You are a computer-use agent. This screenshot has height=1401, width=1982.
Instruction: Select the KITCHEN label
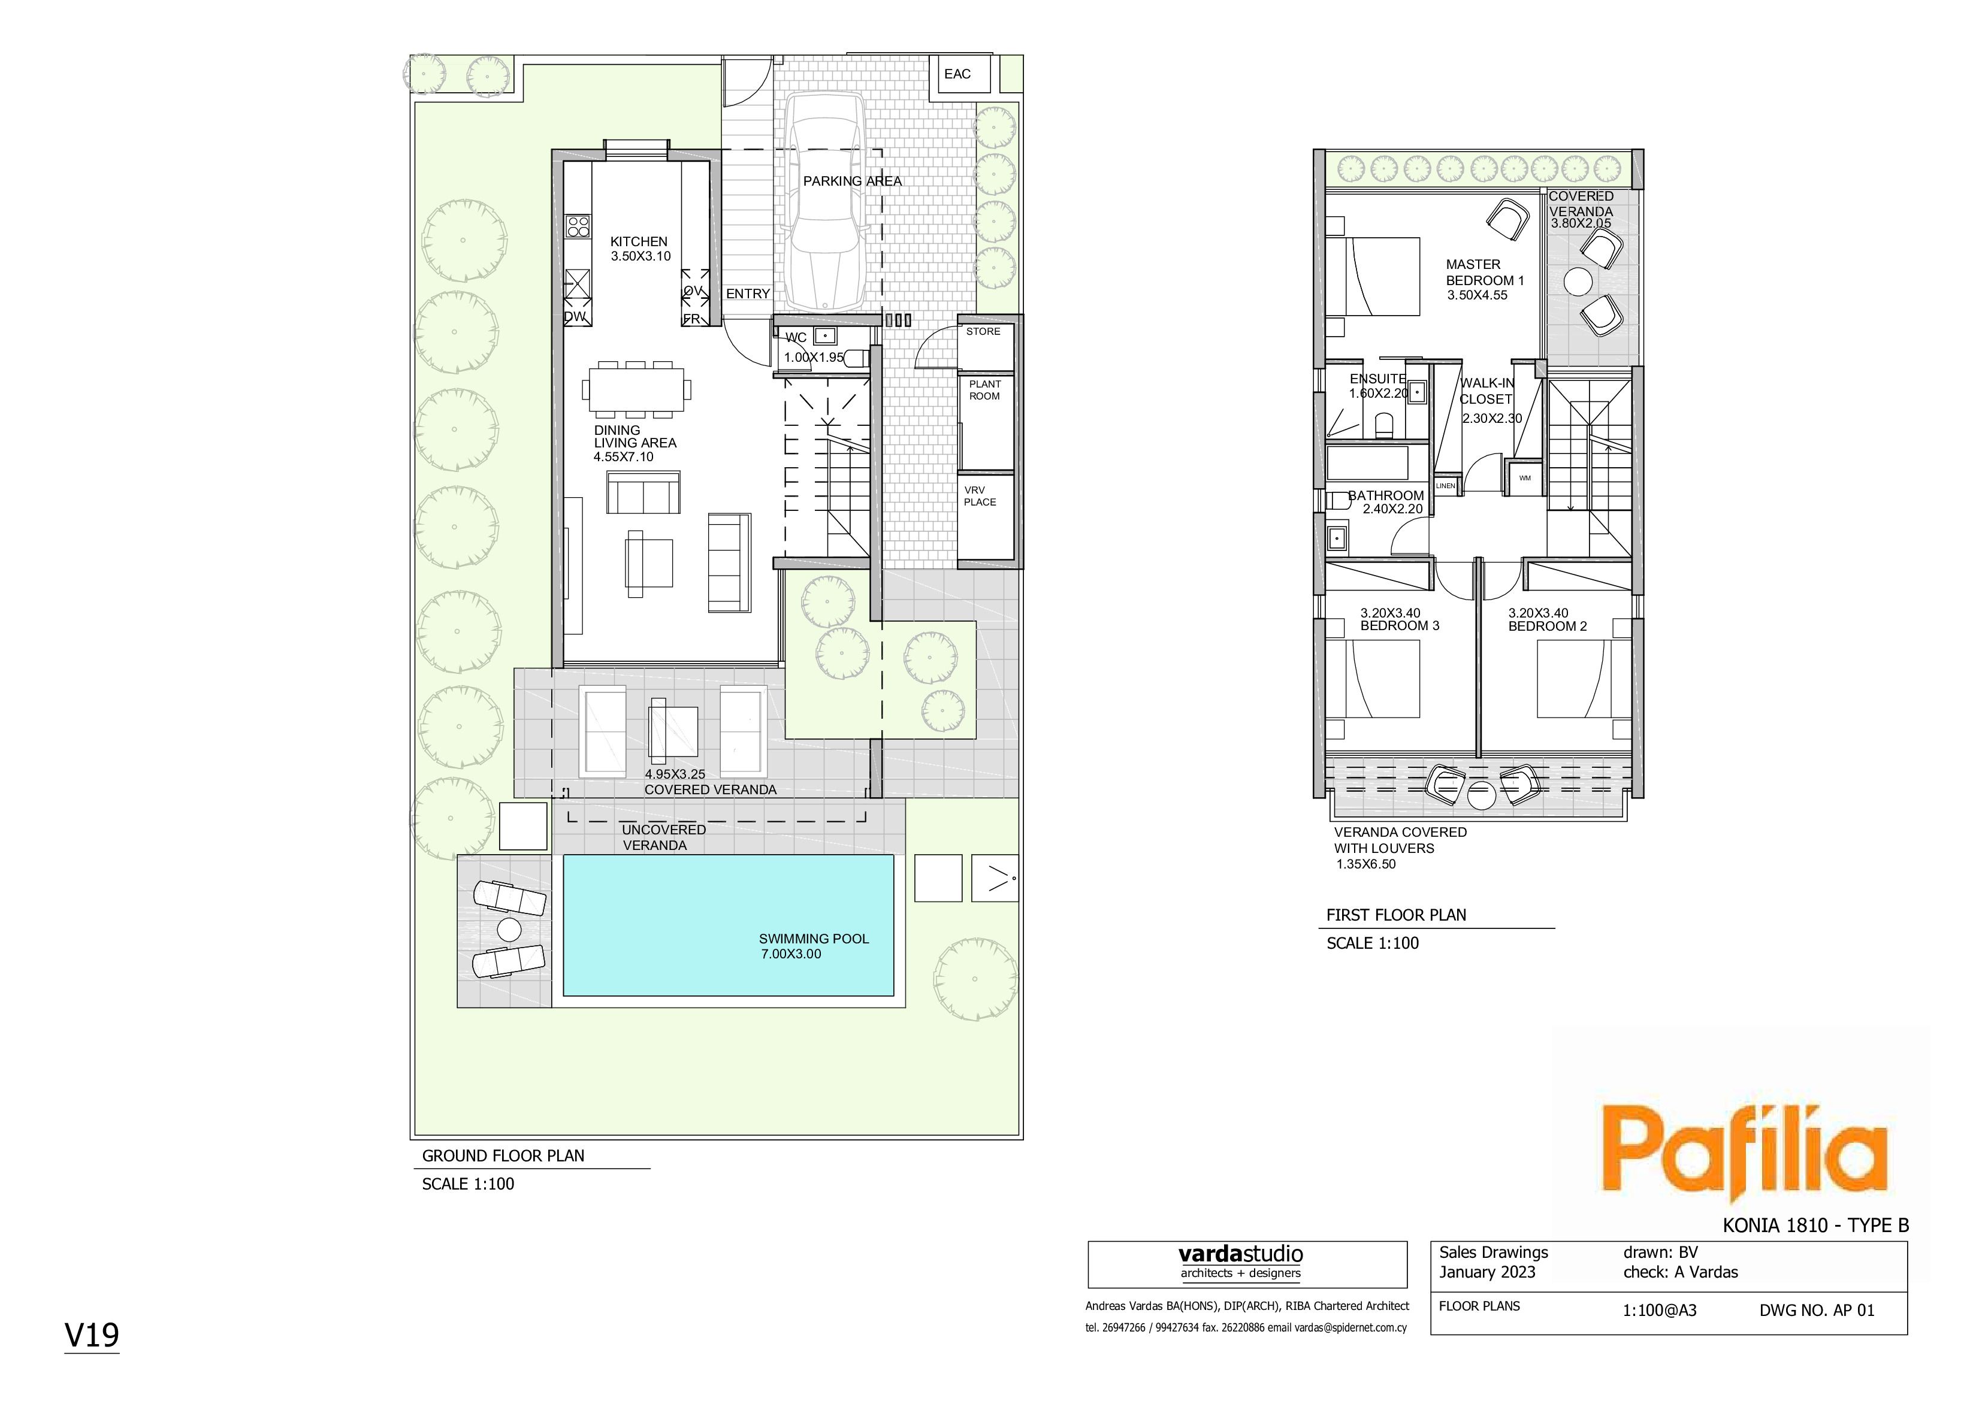pyautogui.click(x=639, y=242)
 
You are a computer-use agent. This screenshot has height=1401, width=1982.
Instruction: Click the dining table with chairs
pyautogui.click(x=639, y=389)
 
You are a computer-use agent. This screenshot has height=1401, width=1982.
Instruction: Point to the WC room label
pyautogui.click(x=796, y=337)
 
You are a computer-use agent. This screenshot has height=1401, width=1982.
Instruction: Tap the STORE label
pyautogui.click(x=983, y=331)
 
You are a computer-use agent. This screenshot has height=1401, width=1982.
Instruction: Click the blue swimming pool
pyautogui.click(x=728, y=925)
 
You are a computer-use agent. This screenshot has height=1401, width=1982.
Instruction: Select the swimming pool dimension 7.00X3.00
pyautogui.click(x=791, y=954)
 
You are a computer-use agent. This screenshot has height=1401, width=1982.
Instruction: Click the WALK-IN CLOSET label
pyautogui.click(x=1486, y=391)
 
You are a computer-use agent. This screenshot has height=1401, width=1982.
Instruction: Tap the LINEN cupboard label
pyautogui.click(x=1446, y=486)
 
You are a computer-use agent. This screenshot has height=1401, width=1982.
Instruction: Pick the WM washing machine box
pyautogui.click(x=1524, y=478)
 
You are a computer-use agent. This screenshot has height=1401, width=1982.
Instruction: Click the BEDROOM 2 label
pyautogui.click(x=1548, y=627)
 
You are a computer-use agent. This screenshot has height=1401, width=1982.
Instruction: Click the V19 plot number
pyautogui.click(x=92, y=1335)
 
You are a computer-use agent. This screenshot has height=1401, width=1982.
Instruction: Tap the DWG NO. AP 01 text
pyautogui.click(x=1817, y=1311)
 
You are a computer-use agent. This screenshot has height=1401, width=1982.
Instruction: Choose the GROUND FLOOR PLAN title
pyautogui.click(x=503, y=1156)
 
